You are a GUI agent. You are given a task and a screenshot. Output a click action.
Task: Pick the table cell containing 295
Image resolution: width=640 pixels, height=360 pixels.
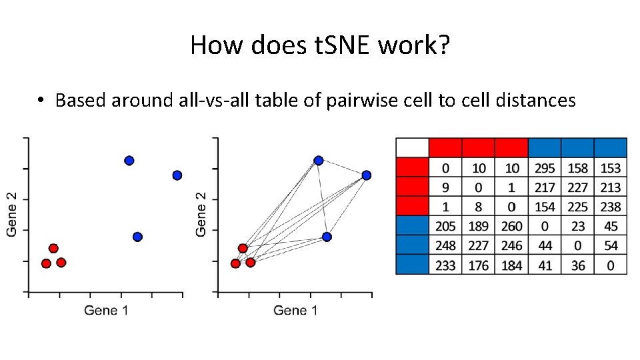[x=545, y=168]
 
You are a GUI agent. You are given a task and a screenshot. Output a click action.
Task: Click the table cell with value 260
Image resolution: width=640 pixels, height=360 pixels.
[x=511, y=227]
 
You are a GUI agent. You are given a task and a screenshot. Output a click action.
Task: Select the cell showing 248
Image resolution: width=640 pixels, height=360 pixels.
[x=445, y=246]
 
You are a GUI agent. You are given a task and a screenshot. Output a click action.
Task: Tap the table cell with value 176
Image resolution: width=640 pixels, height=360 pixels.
[x=479, y=265]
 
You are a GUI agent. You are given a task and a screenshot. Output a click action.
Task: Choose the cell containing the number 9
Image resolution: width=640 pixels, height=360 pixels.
[x=445, y=187]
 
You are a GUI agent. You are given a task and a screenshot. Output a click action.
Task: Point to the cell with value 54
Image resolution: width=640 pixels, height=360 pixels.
[x=611, y=246]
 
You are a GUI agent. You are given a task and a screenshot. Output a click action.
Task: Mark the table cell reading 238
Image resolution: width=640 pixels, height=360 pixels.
[x=611, y=207]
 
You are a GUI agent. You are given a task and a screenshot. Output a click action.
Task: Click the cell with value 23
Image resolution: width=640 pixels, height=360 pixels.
[x=578, y=227]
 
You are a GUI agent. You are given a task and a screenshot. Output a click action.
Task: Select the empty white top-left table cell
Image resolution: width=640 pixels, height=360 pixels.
[x=412, y=147]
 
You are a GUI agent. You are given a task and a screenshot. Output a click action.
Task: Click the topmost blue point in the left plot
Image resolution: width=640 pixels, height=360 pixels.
[x=129, y=161]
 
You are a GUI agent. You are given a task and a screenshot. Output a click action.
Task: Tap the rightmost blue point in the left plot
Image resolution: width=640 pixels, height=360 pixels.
[x=177, y=175]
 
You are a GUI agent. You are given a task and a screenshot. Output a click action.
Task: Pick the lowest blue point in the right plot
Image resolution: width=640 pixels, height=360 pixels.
[x=327, y=237]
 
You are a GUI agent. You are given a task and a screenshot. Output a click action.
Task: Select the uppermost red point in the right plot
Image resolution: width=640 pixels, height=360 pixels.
[x=243, y=249]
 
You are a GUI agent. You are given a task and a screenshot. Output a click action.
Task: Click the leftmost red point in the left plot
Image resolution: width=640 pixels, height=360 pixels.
[x=46, y=263]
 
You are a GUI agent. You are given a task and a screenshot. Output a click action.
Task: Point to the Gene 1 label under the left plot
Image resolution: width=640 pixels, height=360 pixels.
[x=105, y=310]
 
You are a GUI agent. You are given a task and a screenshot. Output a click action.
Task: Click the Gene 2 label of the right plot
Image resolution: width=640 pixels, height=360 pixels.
[x=201, y=213]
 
